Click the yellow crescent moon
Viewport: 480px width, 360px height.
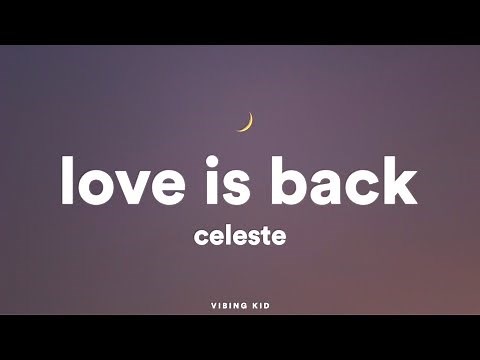click(x=246, y=122)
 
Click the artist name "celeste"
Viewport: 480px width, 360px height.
click(x=240, y=239)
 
